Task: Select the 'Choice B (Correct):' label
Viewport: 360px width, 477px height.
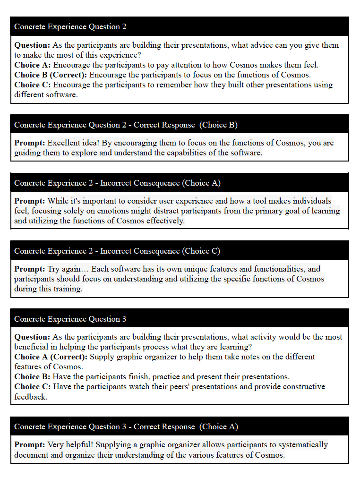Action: coord(51,75)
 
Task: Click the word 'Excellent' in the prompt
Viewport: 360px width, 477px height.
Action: coord(64,143)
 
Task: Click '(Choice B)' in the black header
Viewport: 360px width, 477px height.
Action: coord(218,125)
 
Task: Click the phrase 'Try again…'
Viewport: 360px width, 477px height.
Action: coord(68,269)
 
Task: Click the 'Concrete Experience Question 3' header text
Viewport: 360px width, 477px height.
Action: coord(70,319)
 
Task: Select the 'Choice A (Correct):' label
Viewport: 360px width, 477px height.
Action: coord(51,357)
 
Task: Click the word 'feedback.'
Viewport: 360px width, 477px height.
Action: coord(31,397)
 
